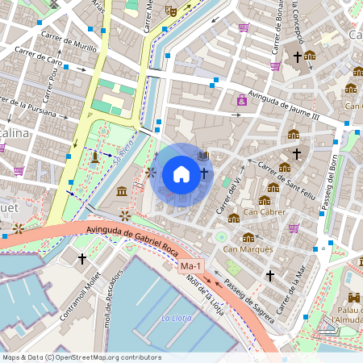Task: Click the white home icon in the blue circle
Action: (x=181, y=173)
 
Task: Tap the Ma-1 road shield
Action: (x=191, y=266)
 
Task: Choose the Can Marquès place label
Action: (x=248, y=249)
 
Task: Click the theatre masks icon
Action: (x=170, y=10)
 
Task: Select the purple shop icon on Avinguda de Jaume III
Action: (x=241, y=101)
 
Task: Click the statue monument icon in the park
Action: (x=95, y=156)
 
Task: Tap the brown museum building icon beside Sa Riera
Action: (x=121, y=191)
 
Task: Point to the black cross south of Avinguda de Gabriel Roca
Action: (x=82, y=259)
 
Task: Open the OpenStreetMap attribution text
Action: (x=81, y=357)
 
